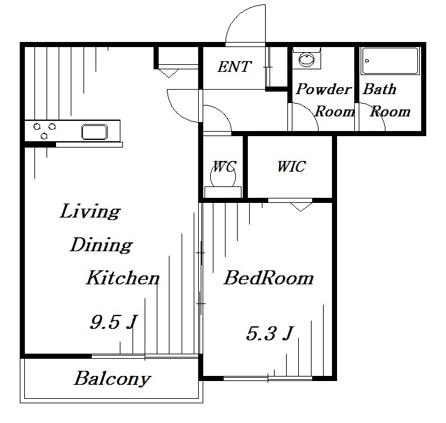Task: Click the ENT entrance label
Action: click(x=234, y=67)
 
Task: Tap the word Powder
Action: click(x=324, y=89)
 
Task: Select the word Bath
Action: click(x=380, y=89)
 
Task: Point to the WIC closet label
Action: click(x=292, y=167)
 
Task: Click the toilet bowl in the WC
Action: click(x=223, y=177)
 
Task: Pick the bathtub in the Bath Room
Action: click(x=390, y=61)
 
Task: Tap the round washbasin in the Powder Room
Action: click(x=306, y=60)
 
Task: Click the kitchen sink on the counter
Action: click(x=94, y=132)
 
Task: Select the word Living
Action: click(x=90, y=211)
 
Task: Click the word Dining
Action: click(x=101, y=245)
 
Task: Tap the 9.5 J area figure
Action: click(x=114, y=322)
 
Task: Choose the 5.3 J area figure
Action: click(x=269, y=333)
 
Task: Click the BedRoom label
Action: click(x=268, y=277)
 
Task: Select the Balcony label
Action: click(x=112, y=378)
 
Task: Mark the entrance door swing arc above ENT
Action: click(x=238, y=17)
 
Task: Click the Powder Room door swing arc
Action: click(x=309, y=111)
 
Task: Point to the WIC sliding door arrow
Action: click(x=301, y=207)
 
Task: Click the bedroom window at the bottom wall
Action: click(x=268, y=378)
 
